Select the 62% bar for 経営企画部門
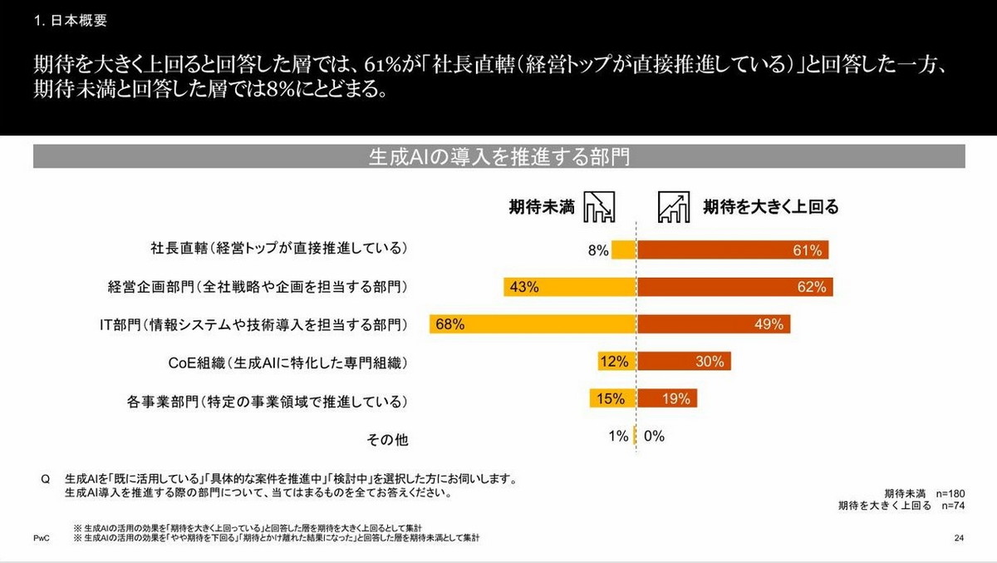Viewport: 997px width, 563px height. click(x=734, y=287)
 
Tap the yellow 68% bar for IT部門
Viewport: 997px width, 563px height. click(x=533, y=324)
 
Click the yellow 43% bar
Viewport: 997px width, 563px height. click(x=569, y=287)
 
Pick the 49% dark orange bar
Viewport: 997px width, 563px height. click(x=714, y=324)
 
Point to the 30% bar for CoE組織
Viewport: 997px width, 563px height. click(x=685, y=362)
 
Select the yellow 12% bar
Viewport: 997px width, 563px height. click(x=616, y=362)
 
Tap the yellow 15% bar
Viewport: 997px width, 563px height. click(x=612, y=398)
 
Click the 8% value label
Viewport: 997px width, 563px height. click(x=598, y=250)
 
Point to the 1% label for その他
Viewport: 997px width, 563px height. click(x=617, y=436)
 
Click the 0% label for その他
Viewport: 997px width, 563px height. click(x=654, y=436)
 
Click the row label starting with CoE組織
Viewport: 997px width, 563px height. click(x=287, y=363)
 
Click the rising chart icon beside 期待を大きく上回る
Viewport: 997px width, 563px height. click(x=674, y=206)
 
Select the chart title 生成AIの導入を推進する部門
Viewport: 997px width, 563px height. click(x=498, y=156)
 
